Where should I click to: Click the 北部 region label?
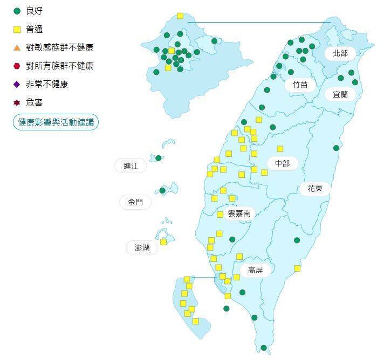point(340,53)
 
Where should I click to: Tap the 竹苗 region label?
point(300,85)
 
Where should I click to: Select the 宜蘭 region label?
point(340,94)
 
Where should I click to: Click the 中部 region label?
point(282,163)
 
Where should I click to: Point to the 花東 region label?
point(315,189)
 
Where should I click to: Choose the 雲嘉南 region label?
point(239,213)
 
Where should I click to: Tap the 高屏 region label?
point(255,271)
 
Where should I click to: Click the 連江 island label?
point(131,166)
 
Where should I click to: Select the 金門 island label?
point(135,203)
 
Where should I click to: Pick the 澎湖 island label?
point(142,248)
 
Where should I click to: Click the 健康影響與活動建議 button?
point(56,122)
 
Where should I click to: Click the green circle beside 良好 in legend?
point(17,11)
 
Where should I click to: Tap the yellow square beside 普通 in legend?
point(17,29)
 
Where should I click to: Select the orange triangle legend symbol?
point(17,47)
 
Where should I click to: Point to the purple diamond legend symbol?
point(17,84)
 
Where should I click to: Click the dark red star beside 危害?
point(17,102)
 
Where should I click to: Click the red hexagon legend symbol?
point(17,66)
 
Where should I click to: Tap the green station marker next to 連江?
point(159,158)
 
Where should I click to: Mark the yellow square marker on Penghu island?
point(163,242)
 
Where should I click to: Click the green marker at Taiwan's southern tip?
point(264,348)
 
